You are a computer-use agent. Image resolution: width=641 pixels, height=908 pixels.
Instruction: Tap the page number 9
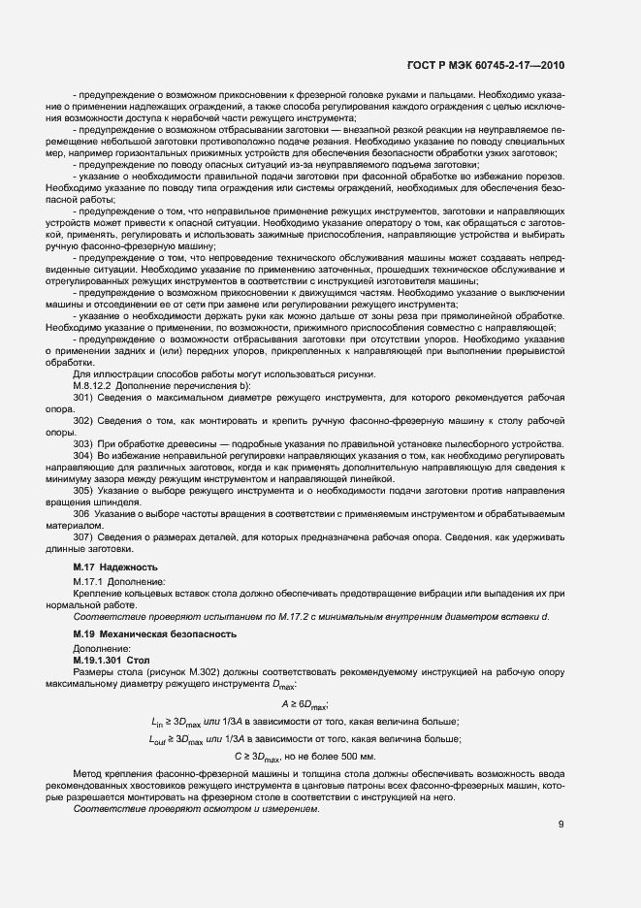pyautogui.click(x=561, y=826)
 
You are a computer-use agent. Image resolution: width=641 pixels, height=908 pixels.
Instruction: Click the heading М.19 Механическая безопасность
pyautogui.click(x=155, y=633)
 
